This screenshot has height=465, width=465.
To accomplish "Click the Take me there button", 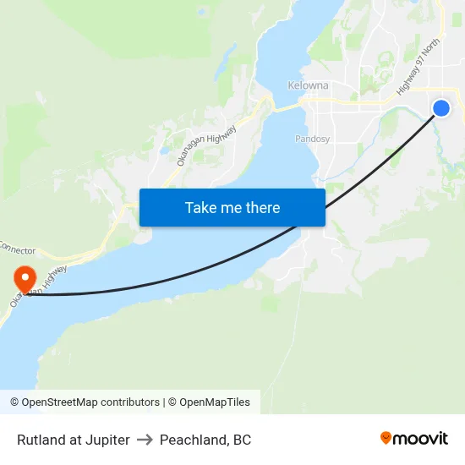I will tap(232, 207).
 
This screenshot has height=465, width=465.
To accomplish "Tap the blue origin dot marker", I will tap(441, 107).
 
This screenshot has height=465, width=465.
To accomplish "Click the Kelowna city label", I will tap(307, 86).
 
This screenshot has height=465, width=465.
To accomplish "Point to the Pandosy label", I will tap(312, 139).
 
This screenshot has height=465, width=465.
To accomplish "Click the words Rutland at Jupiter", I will tap(74, 440).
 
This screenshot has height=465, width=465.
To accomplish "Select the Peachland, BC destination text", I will tap(205, 440).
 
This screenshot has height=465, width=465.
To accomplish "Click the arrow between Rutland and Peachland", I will tap(145, 440).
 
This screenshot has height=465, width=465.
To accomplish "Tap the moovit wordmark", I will tap(421, 438).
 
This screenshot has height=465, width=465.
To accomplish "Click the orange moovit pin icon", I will tap(386, 438).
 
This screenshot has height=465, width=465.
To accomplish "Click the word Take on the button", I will tap(201, 207).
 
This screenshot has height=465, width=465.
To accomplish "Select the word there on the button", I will tap(262, 207).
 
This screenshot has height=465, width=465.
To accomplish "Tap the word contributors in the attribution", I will tap(129, 402).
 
